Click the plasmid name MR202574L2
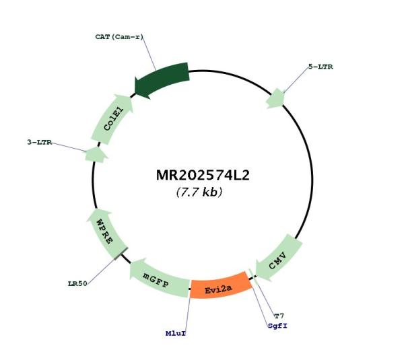pyautogui.click(x=203, y=175)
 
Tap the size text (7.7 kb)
pyautogui.click(x=199, y=192)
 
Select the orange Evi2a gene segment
pyautogui.click(x=220, y=287)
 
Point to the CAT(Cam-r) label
pyautogui.click(x=119, y=37)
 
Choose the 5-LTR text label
pyautogui.click(x=321, y=67)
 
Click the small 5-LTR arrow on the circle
pyautogui.click(x=275, y=98)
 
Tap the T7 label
pyautogui.click(x=279, y=316)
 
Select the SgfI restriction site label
pyautogui.click(x=277, y=326)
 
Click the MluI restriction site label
pyautogui.click(x=176, y=334)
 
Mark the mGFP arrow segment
pyautogui.click(x=159, y=279)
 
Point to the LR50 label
pyautogui.click(x=77, y=284)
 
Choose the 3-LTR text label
pyautogui.click(x=40, y=142)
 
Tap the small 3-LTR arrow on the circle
pyautogui.click(x=96, y=155)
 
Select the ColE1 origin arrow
pyautogui.click(x=112, y=119)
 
